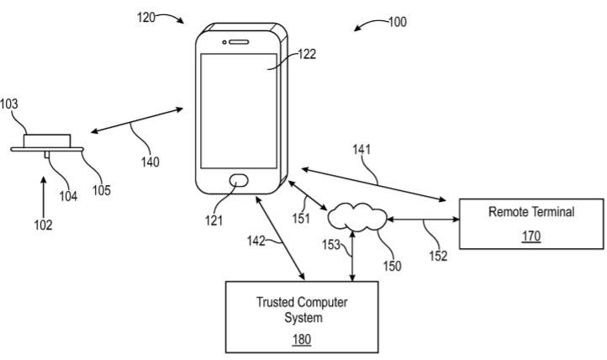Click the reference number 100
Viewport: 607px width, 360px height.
(x=397, y=22)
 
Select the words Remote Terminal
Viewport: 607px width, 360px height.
(x=530, y=213)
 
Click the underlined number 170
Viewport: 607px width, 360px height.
(x=530, y=236)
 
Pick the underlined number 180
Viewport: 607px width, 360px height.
(x=301, y=340)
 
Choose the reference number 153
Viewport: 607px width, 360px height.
(x=333, y=246)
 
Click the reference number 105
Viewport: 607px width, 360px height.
(x=100, y=189)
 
